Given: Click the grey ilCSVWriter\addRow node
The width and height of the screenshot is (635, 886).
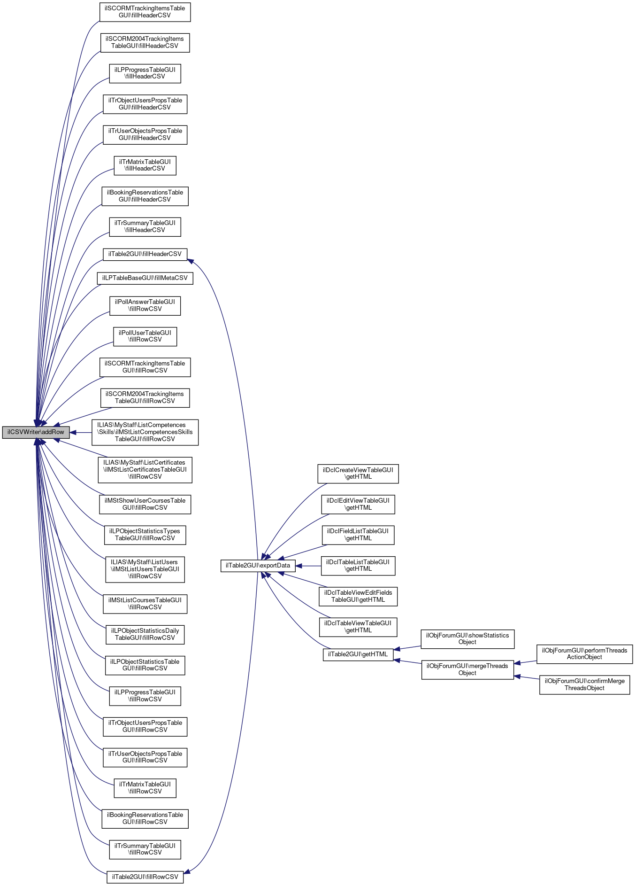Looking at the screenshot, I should (36, 432).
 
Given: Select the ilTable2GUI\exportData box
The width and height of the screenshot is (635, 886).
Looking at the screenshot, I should (258, 566).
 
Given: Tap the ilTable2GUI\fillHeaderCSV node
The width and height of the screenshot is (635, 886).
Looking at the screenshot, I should (145, 254).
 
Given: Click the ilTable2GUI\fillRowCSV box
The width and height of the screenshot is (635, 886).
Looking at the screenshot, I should (145, 877).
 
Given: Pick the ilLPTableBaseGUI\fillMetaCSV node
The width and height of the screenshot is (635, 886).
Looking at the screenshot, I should (145, 278).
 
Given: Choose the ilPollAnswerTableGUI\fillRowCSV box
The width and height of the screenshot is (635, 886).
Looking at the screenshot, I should (145, 305).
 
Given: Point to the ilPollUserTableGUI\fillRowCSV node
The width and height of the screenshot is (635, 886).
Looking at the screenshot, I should (145, 336).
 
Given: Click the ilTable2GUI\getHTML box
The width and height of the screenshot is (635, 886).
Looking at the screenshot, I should (358, 654).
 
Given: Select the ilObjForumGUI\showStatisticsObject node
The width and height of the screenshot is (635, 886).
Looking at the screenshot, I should (467, 639).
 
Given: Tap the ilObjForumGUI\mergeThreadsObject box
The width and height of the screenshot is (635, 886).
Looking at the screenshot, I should (467, 669).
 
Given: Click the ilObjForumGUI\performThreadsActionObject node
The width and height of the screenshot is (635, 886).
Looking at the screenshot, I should (584, 654).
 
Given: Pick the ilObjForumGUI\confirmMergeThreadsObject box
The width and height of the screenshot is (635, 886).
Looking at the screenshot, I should (584, 684).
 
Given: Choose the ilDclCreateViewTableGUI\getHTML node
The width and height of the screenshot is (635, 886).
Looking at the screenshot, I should (358, 474).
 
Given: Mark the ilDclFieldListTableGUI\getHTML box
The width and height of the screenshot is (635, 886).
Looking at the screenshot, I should (358, 535).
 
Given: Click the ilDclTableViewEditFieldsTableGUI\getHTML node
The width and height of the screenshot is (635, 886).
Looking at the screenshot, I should (358, 596).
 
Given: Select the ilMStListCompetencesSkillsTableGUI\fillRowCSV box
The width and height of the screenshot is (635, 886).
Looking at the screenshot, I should (145, 432).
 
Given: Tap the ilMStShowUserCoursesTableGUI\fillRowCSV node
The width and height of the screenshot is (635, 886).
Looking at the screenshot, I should (145, 504).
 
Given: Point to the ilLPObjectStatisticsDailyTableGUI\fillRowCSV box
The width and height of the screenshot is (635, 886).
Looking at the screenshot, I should (145, 634).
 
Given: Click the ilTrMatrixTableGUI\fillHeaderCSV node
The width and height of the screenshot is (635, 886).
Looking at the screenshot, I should (145, 165).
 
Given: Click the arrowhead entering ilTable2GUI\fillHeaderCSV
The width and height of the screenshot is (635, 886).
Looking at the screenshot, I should (191, 260).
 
